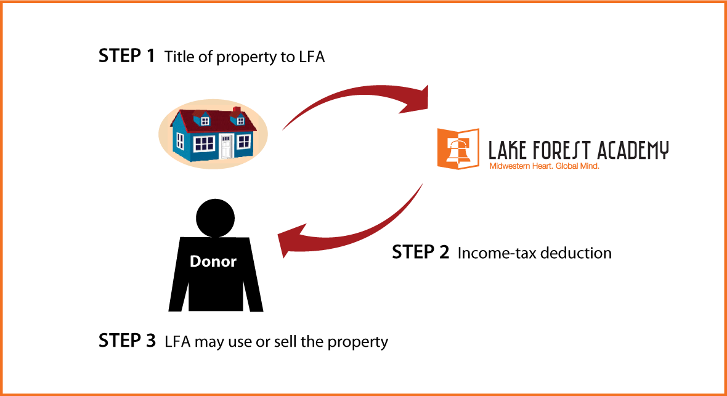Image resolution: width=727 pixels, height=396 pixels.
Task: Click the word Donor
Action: pyautogui.click(x=213, y=261)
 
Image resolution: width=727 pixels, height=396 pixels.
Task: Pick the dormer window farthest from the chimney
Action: pyautogui.click(x=205, y=121)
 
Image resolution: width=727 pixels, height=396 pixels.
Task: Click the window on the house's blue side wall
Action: pyautogui.click(x=180, y=141)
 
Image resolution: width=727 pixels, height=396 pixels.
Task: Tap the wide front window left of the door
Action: pyautogui.click(x=204, y=144)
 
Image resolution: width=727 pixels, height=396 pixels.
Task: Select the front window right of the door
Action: pyautogui.click(x=244, y=142)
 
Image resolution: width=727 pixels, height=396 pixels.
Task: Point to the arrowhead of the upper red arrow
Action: pyautogui.click(x=418, y=100)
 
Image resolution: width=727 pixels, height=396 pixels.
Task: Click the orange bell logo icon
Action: pyautogui.click(x=458, y=148)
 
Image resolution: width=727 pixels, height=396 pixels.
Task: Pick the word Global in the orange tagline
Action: pyautogui.click(x=567, y=166)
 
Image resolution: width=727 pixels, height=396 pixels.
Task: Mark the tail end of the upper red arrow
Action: pyautogui.click(x=284, y=129)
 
